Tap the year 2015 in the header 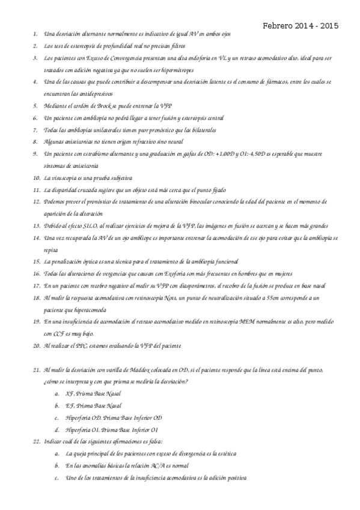coord(329,26)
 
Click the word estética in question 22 coord(237,453)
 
